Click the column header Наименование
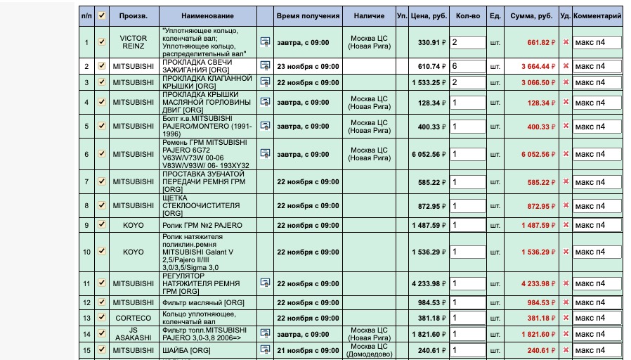click(x=207, y=15)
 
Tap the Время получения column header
click(x=308, y=15)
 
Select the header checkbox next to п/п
click(x=102, y=15)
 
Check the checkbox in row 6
click(x=102, y=154)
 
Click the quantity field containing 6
click(x=467, y=66)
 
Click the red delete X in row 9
click(x=566, y=226)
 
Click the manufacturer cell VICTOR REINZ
click(x=134, y=42)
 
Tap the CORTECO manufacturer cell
click(x=134, y=318)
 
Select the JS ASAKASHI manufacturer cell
click(x=134, y=333)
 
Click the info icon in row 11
click(x=265, y=283)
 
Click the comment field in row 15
click(x=597, y=350)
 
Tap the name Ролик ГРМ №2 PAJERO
click(x=202, y=226)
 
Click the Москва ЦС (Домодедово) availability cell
click(x=370, y=350)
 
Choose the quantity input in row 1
click(x=467, y=42)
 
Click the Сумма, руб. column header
click(x=531, y=15)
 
